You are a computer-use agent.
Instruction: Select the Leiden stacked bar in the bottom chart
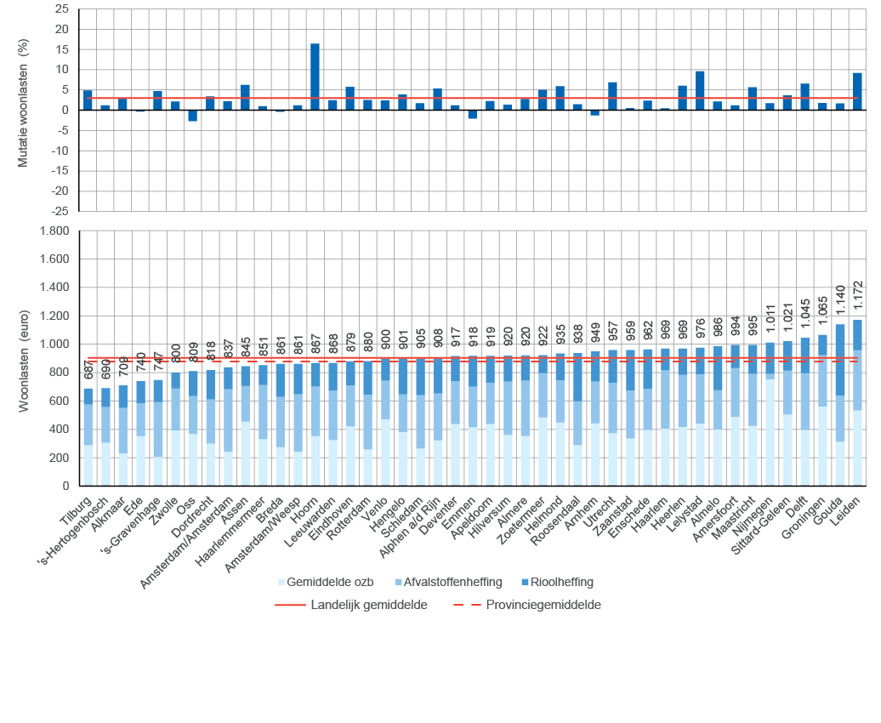tap(857, 403)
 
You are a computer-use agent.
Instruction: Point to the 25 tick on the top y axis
tap(60, 9)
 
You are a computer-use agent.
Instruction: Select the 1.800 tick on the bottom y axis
tap(53, 231)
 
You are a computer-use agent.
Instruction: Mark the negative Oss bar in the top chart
tap(193, 116)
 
